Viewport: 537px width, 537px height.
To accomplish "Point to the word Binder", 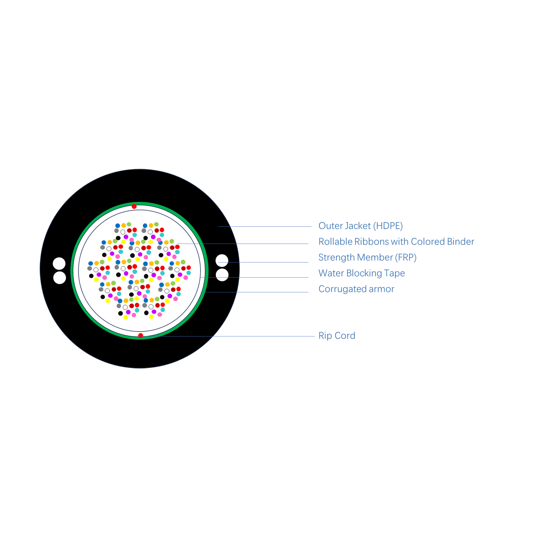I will coord(460,241).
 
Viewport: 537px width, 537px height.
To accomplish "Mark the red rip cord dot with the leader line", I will coord(141,335).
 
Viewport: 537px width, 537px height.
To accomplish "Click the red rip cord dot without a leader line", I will coord(134,206).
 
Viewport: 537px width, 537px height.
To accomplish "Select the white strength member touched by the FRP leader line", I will coord(222,261).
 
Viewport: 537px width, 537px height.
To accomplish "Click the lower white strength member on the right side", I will coord(222,275).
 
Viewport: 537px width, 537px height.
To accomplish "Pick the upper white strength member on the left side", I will coord(59,264).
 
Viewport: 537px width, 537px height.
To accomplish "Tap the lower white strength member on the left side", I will coord(59,278).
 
